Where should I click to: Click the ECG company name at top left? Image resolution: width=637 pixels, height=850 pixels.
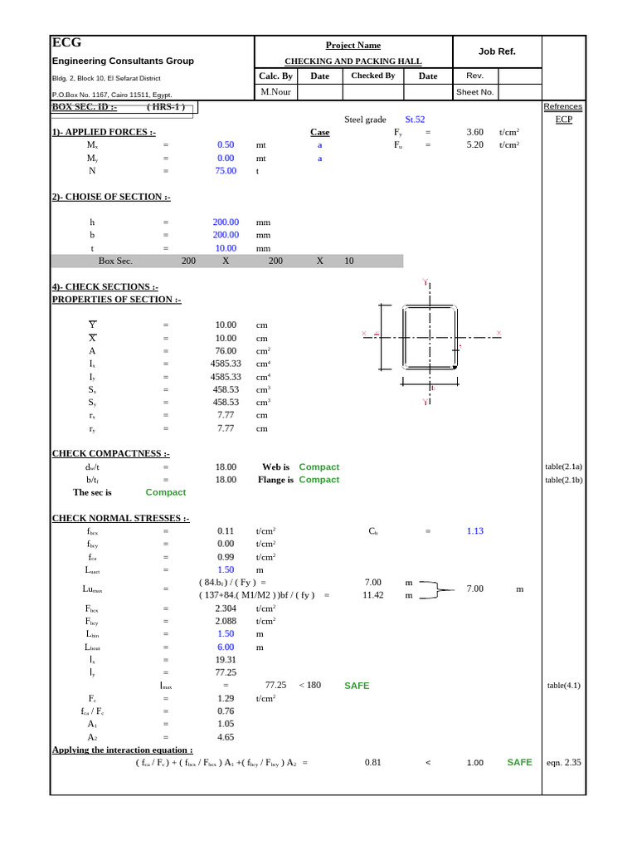[66, 43]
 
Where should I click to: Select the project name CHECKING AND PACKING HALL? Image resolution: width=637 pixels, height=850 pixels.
[353, 61]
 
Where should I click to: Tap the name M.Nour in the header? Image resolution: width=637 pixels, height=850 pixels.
[276, 92]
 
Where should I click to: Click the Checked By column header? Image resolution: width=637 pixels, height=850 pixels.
[372, 76]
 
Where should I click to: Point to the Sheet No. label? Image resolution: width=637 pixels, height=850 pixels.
[475, 92]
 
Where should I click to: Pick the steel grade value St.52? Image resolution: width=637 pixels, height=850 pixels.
[415, 120]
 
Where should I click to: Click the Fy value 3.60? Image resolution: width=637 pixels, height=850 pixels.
[474, 132]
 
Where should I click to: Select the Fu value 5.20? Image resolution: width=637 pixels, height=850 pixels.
[474, 144]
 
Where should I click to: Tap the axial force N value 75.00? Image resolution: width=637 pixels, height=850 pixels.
[226, 170]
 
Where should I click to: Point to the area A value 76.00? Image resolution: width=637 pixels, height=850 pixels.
[226, 351]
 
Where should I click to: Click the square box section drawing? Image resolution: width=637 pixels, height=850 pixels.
[430, 338]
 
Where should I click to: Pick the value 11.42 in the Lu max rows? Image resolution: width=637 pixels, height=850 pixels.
[372, 595]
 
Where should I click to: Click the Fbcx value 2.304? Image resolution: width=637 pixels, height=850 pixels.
[226, 608]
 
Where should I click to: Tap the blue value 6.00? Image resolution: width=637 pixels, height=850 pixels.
[226, 647]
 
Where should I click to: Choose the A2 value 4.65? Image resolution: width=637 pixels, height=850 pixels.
[226, 737]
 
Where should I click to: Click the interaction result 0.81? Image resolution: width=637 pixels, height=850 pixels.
[372, 763]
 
